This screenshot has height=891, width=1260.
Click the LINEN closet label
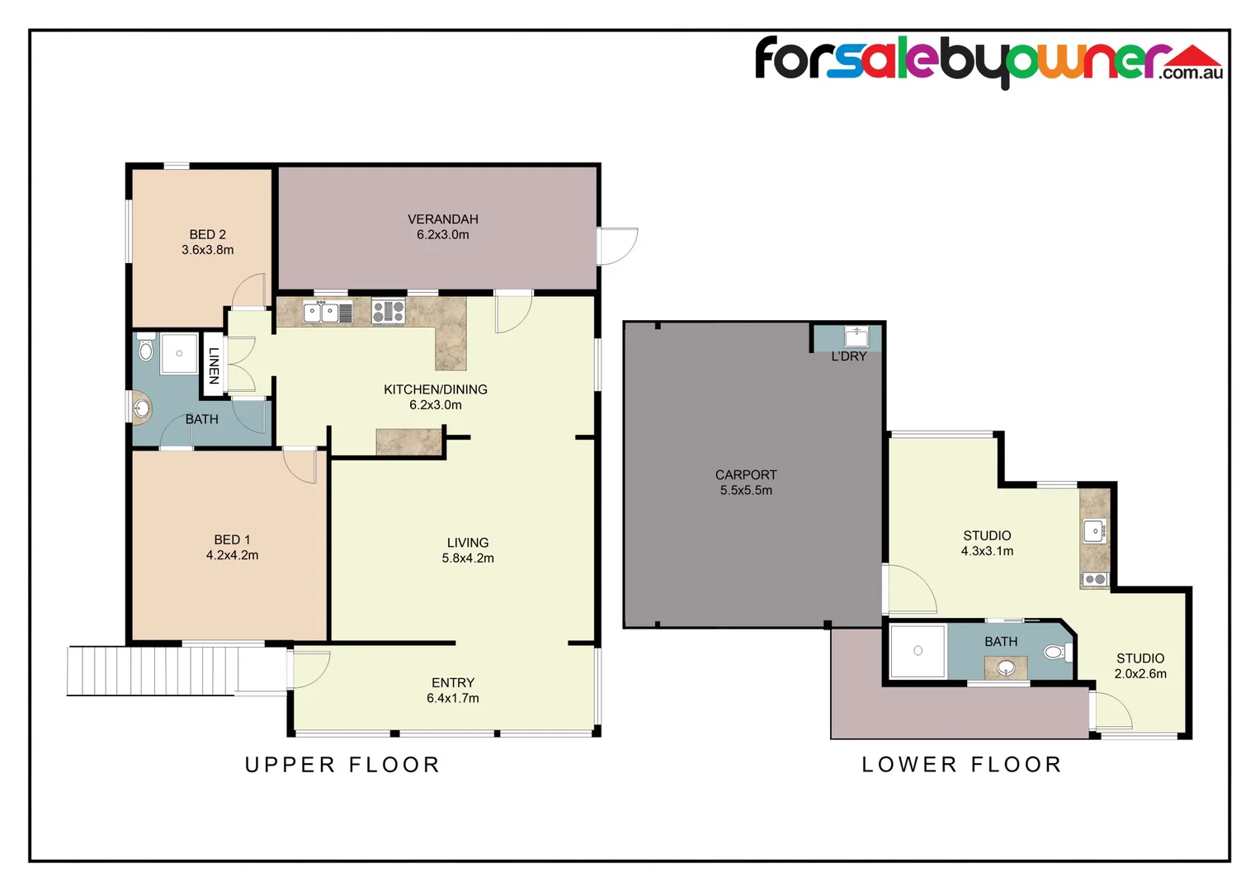click(x=214, y=365)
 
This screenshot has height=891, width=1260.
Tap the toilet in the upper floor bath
click(x=146, y=349)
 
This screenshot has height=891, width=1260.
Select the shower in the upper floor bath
click(x=179, y=353)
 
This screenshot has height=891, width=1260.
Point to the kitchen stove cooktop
click(x=388, y=311)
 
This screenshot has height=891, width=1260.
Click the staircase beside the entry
click(x=153, y=671)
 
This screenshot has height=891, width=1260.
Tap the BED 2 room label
click(x=207, y=234)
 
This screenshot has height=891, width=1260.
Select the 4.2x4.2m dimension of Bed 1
click(x=232, y=555)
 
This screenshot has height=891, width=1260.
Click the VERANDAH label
click(x=442, y=219)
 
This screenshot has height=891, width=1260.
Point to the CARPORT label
click(x=745, y=474)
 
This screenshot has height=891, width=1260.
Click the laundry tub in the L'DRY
click(x=857, y=337)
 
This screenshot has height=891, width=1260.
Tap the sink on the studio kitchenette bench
click(x=1095, y=531)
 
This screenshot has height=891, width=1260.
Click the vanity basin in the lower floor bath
click(x=1006, y=667)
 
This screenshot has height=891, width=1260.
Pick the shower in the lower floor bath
click(x=918, y=651)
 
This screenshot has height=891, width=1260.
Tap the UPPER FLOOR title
click(x=342, y=765)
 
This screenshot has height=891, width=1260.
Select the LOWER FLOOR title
click(x=961, y=765)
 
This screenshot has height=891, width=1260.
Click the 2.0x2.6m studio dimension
click(x=1140, y=674)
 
